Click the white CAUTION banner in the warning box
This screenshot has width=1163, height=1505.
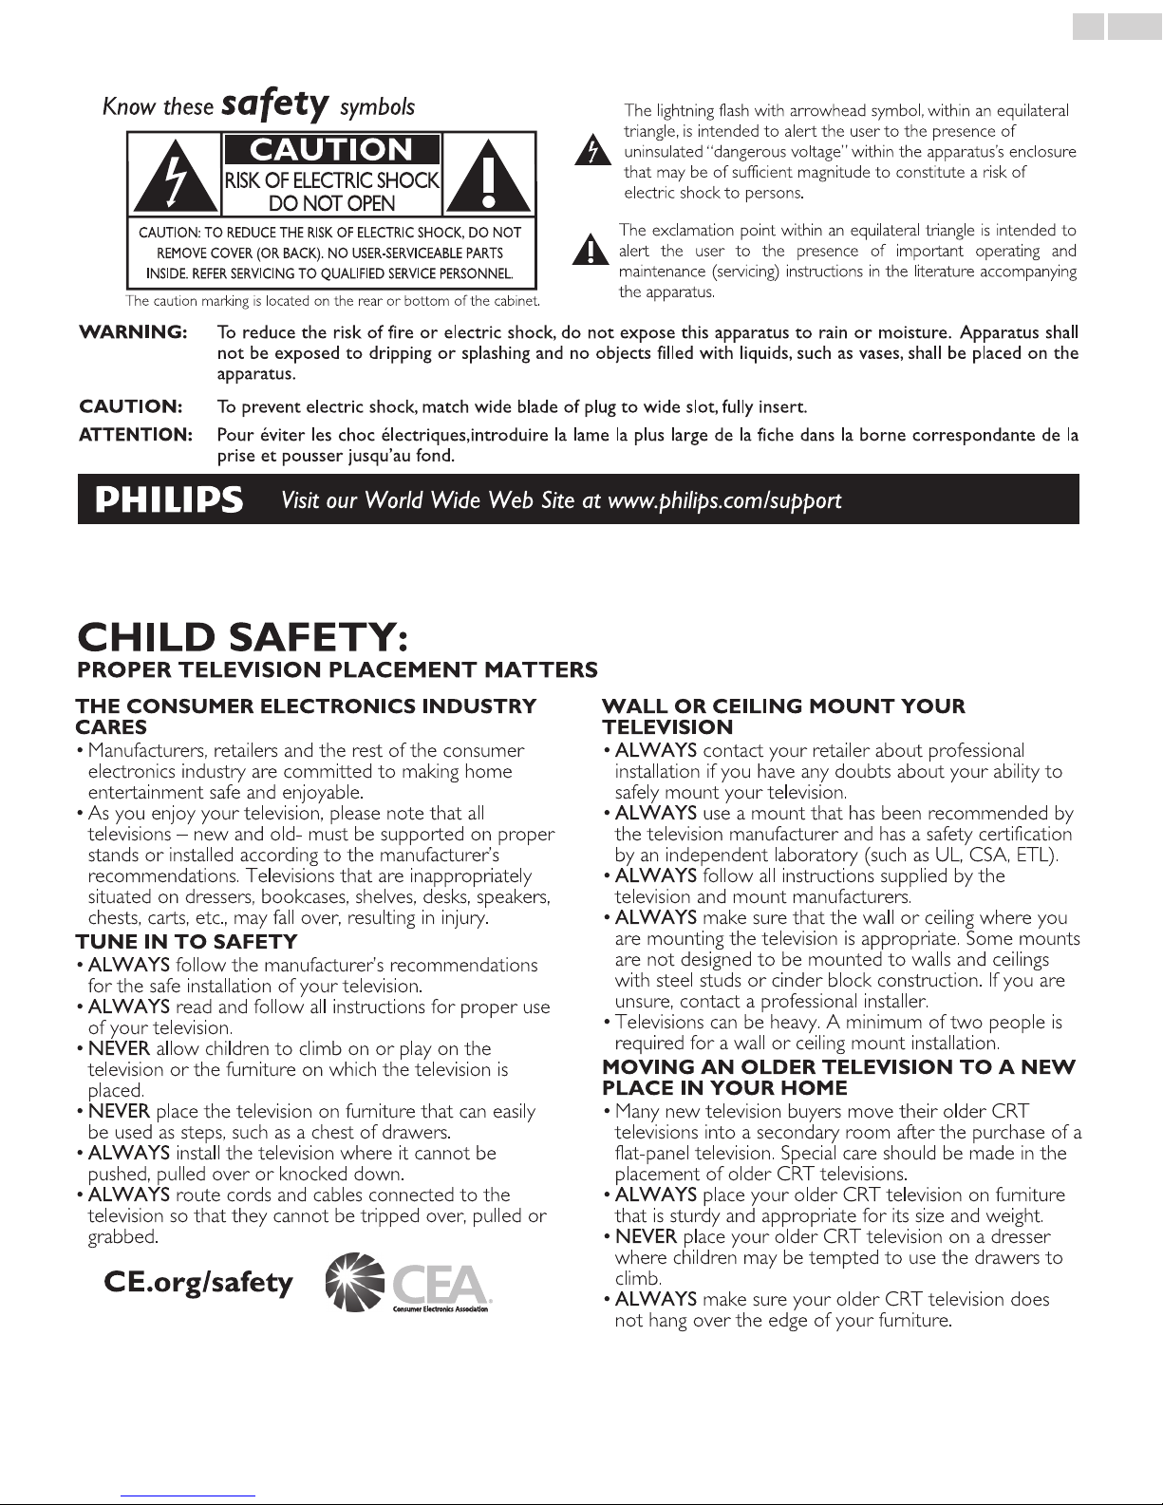331,150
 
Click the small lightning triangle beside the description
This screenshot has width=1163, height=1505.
591,152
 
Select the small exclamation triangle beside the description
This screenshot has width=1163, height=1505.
591,252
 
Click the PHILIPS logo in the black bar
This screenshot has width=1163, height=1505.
169,499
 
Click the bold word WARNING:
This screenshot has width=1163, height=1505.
132,332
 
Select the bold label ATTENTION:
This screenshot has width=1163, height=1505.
136,435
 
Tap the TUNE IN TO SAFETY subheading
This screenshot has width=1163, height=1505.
186,942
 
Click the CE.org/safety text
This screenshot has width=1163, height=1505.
198,1283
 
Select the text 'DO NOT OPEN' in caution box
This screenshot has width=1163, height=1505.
331,202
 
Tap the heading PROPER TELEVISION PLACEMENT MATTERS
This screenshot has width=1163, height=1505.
337,670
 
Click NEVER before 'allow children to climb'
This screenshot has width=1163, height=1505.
119,1048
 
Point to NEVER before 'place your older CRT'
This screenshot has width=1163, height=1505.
646,1236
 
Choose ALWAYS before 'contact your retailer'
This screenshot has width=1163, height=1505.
655,750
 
